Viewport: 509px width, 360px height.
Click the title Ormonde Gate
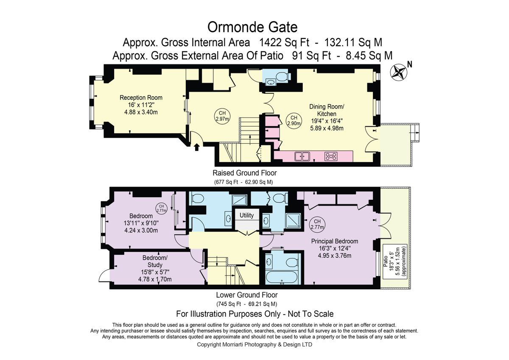click(252, 27)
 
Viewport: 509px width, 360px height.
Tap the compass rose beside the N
click(399, 72)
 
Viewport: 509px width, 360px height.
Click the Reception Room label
click(141, 98)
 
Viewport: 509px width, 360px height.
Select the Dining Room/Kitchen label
click(327, 110)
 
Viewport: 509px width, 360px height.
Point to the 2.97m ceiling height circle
click(222, 116)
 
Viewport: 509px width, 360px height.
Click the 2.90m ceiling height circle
click(294, 120)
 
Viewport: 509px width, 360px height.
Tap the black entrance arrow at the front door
click(197, 147)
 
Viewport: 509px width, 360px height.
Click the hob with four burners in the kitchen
click(331, 156)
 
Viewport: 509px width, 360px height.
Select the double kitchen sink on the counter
click(302, 156)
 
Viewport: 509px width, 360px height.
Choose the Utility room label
click(246, 215)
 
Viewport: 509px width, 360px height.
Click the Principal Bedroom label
click(335, 241)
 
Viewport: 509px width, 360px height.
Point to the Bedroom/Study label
click(155, 262)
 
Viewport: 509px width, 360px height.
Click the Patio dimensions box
click(395, 262)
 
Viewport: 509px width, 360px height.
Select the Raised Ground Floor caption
click(244, 173)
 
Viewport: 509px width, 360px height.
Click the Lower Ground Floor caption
click(247, 295)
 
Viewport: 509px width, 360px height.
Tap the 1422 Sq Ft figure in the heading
click(284, 42)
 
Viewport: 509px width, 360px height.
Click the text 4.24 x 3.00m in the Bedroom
click(141, 230)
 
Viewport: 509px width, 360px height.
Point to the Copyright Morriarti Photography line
click(255, 345)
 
